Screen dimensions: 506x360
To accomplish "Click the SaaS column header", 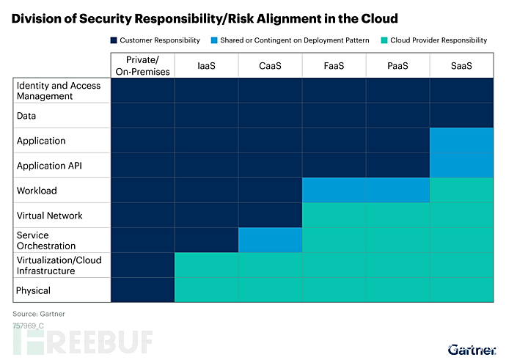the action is point(461,65).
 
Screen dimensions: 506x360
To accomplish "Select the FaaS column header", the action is point(334,65).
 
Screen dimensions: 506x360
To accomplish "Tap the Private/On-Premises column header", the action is point(143,65).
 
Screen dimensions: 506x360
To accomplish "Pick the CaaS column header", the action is point(270,65).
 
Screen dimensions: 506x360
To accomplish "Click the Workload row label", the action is point(37,191).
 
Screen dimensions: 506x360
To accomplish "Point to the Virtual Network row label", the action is point(50,216).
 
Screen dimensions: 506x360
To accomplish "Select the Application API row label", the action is point(49,166).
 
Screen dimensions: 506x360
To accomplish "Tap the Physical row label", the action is point(33,290).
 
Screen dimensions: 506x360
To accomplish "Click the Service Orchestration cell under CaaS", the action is point(270,240).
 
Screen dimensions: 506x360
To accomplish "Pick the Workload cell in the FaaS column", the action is point(334,191).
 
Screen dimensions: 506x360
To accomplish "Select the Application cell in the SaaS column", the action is point(461,140).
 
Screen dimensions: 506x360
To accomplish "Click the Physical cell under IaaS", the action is point(207,290).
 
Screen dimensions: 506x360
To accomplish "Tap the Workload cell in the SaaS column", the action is point(461,191).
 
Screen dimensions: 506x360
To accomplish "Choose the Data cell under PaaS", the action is point(397,116).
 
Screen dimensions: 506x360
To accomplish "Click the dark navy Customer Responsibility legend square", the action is point(114,40).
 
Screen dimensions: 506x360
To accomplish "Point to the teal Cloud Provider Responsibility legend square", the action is point(384,40).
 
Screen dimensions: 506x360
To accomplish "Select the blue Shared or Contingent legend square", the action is point(214,40).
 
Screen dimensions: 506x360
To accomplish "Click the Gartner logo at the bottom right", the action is point(472,350).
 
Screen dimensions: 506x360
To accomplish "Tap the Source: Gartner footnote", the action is point(39,314).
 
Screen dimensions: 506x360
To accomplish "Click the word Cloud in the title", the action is point(380,19).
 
